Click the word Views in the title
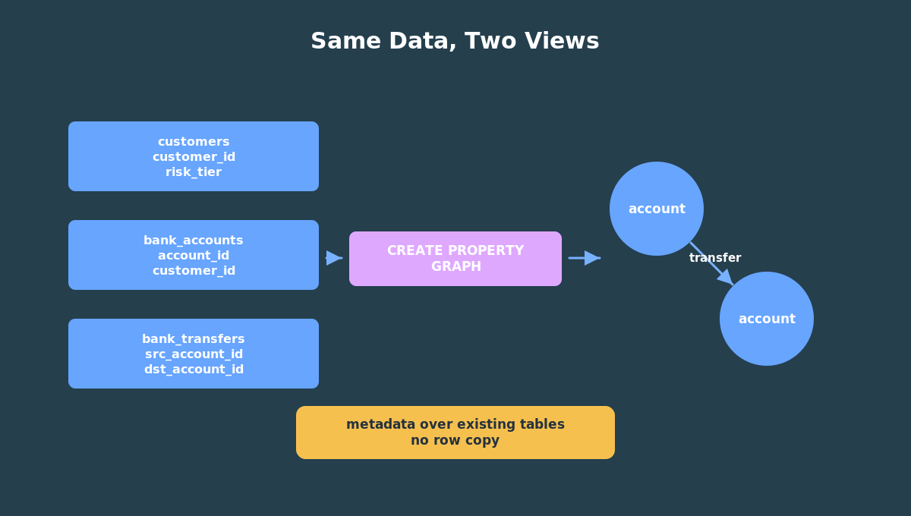click(x=562, y=41)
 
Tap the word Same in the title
click(x=345, y=41)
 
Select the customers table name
click(x=194, y=141)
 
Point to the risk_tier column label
click(x=194, y=172)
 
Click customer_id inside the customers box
click(x=194, y=157)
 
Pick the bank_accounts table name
click(x=194, y=241)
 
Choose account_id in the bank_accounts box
click(x=194, y=256)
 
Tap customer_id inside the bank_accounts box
click(x=194, y=270)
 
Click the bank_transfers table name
click(x=194, y=338)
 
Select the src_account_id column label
click(x=194, y=354)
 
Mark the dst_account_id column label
click(x=194, y=370)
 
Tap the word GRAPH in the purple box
click(x=456, y=266)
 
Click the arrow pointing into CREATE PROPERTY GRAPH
click(x=334, y=258)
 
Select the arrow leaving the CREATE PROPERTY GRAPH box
click(x=585, y=258)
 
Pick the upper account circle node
click(x=657, y=209)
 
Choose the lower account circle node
click(x=767, y=319)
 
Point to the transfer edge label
click(x=715, y=258)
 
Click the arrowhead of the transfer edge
click(x=727, y=278)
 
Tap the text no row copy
click(x=455, y=440)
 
